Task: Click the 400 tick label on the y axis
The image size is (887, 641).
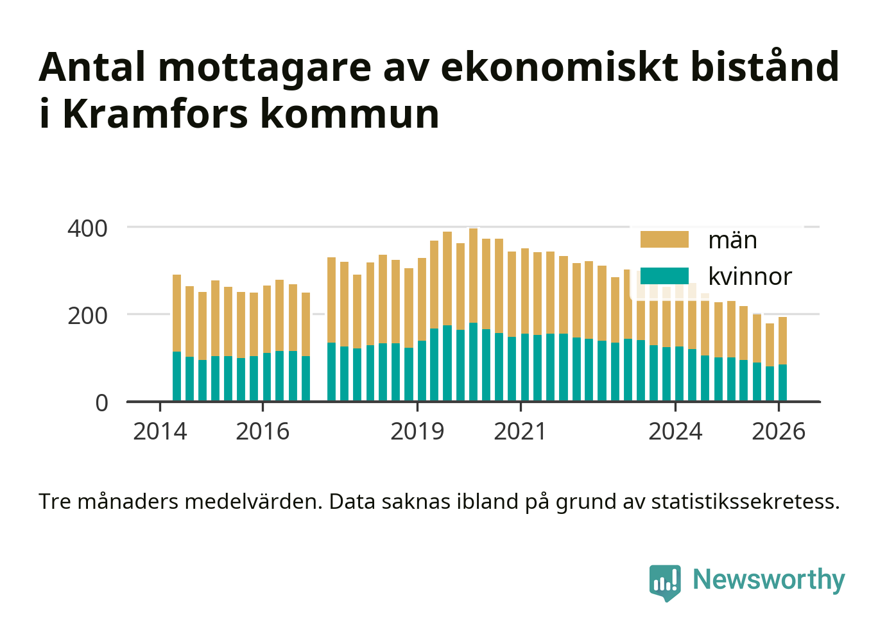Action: pos(88,228)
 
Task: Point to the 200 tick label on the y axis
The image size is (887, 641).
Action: pos(88,316)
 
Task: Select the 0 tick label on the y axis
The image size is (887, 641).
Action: pos(102,403)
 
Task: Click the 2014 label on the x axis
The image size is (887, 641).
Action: pos(160,432)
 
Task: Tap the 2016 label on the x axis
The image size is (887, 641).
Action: pos(263,432)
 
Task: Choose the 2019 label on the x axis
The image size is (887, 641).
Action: pos(417,432)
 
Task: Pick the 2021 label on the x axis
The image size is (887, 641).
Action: pos(520,432)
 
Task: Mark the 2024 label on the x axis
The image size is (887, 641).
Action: pos(675,432)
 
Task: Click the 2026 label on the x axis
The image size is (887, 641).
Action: pos(778,432)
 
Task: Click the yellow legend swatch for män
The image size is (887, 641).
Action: pos(664,240)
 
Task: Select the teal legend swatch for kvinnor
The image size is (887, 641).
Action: pos(664,277)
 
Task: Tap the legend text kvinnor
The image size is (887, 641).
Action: pos(750,277)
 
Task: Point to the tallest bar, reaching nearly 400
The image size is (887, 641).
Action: pos(473,314)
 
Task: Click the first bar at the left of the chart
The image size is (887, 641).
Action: pos(177,338)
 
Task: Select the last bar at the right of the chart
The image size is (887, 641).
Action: pos(782,359)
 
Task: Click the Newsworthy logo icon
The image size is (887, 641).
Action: pos(664,582)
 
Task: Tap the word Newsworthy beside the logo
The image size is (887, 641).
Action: pos(769,579)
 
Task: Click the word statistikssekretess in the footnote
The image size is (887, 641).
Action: pos(745,501)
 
